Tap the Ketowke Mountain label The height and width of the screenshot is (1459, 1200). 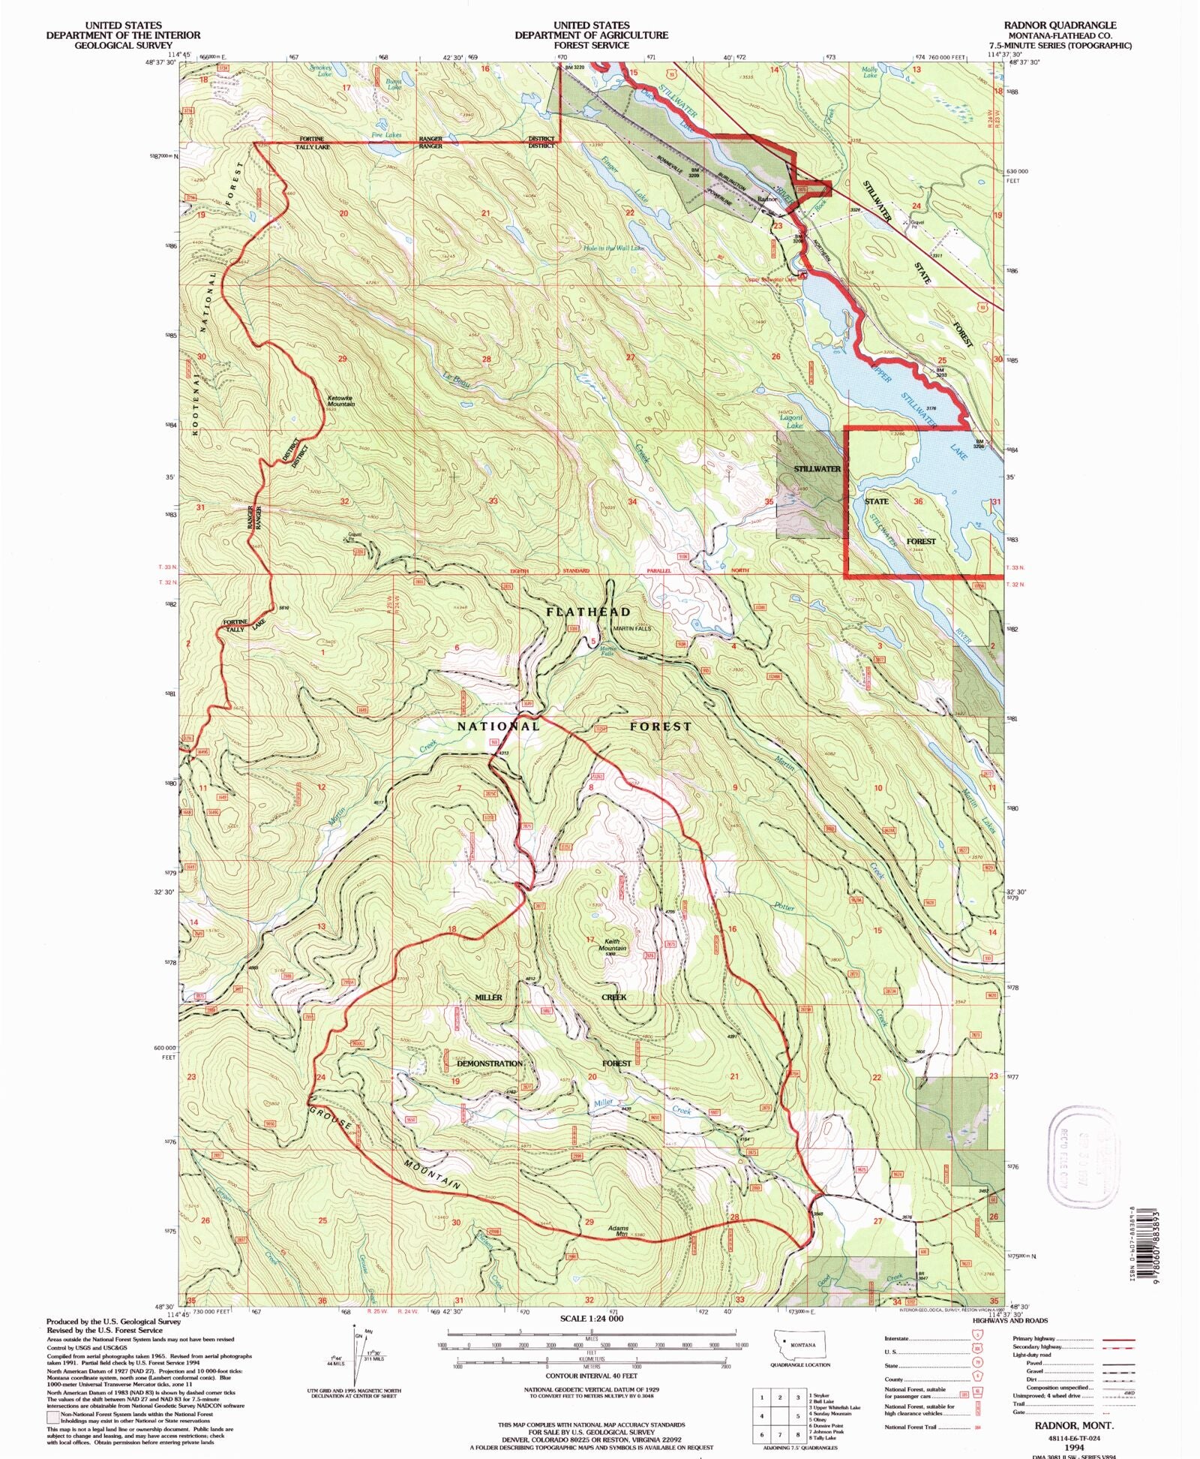[x=340, y=401]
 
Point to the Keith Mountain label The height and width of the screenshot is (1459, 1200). [x=612, y=945]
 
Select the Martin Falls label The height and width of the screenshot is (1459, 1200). [x=607, y=651]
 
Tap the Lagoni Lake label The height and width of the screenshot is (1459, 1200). [x=793, y=422]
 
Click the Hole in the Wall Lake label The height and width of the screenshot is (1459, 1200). [x=613, y=248]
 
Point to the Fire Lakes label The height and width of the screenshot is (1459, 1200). [x=386, y=135]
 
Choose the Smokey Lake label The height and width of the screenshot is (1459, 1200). [x=320, y=70]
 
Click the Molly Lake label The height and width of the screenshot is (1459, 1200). [x=870, y=72]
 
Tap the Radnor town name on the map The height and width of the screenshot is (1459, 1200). [x=766, y=200]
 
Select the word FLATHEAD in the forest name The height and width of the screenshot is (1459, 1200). [x=588, y=612]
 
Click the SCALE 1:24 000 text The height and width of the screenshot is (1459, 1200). [x=591, y=1319]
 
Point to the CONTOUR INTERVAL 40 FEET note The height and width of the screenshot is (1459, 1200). [x=591, y=1376]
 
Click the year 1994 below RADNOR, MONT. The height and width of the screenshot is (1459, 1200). [x=1074, y=1446]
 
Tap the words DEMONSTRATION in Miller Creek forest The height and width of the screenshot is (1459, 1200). [x=489, y=1063]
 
